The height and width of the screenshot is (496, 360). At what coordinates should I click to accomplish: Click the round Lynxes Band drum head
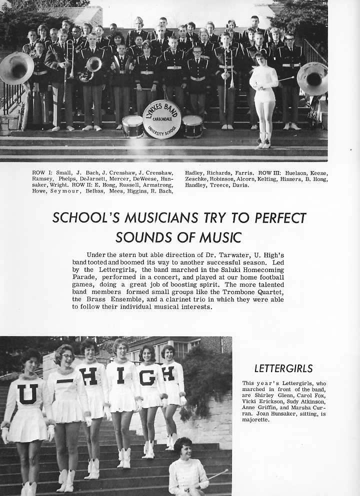tap(161, 119)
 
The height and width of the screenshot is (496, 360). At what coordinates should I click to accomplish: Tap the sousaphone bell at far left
tap(16, 68)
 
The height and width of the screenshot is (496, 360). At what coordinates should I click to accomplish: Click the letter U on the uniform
tap(27, 393)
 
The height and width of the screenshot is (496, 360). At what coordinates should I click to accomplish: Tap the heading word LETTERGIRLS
tap(283, 369)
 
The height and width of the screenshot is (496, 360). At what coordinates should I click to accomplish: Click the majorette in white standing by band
tap(264, 95)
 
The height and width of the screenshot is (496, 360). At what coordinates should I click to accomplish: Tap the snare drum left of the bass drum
tap(132, 126)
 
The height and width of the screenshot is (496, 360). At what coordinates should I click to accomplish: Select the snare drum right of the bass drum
tap(192, 126)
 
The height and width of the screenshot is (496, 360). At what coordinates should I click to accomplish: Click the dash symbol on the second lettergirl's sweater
tap(65, 381)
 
